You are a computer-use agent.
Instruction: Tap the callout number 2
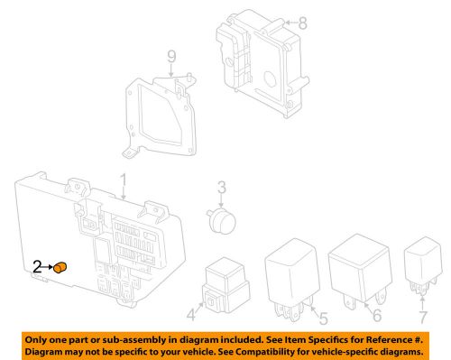38,266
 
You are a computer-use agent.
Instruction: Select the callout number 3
222,189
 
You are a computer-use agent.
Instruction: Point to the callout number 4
191,316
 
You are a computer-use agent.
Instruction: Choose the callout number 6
377,318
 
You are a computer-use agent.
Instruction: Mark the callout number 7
421,317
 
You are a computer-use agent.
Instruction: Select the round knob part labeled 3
219,222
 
